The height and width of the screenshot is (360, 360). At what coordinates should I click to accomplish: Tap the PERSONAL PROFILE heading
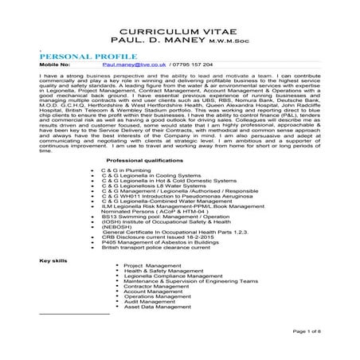86,57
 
